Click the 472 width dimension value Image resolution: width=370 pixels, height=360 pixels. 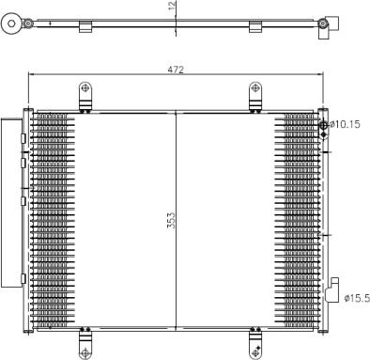click(x=176, y=70)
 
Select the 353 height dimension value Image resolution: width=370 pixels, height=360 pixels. click(x=171, y=220)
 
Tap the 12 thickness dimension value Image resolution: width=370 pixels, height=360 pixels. click(x=171, y=7)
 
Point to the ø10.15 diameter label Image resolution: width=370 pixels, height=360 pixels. click(x=346, y=124)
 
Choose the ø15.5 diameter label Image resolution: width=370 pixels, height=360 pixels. click(x=356, y=298)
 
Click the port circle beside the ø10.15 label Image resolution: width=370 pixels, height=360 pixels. click(x=324, y=125)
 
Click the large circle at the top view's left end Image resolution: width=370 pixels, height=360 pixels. click(x=12, y=21)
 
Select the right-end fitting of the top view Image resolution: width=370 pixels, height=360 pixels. click(x=327, y=25)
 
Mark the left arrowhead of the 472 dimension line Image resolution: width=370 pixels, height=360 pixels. click(x=33, y=76)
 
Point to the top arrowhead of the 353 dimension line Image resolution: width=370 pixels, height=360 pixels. click(x=177, y=109)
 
